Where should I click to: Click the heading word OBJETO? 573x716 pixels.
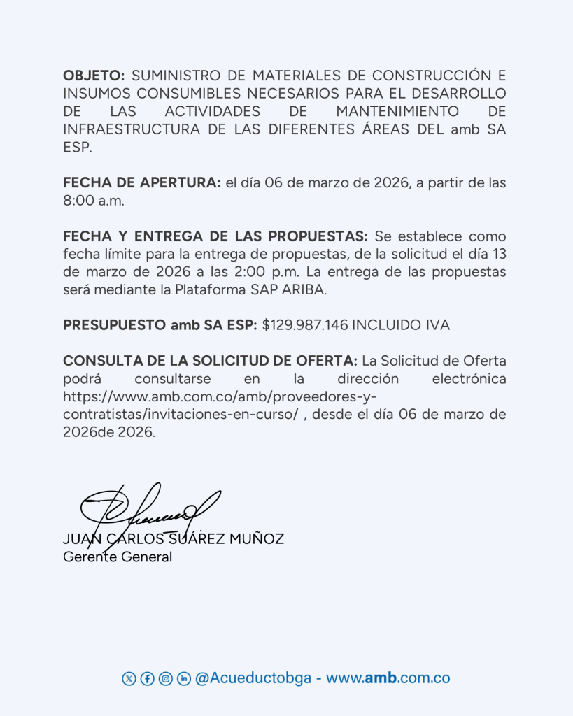click(94, 76)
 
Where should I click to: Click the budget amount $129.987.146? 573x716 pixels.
click(305, 326)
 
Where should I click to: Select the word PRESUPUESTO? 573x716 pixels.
click(115, 326)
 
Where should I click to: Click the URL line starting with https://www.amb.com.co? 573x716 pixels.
click(220, 397)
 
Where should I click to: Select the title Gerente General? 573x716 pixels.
click(118, 557)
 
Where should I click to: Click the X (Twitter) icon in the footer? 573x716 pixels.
click(129, 678)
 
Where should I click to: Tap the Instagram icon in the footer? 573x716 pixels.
click(165, 678)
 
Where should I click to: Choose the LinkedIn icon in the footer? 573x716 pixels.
click(183, 678)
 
